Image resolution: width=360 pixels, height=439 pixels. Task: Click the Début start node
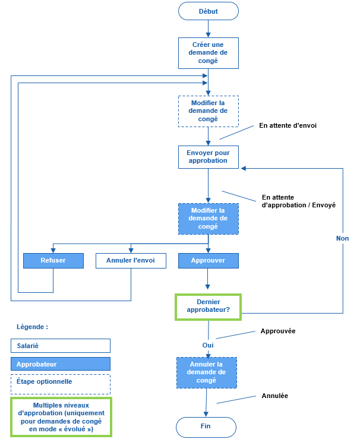[208, 11]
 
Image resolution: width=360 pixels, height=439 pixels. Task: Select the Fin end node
[206, 426]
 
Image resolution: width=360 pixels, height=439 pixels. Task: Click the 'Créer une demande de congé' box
[208, 52]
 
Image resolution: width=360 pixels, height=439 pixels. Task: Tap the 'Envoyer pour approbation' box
[208, 157]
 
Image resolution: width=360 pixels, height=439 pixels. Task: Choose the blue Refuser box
[53, 260]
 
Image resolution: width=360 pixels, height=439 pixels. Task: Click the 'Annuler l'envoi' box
[131, 260]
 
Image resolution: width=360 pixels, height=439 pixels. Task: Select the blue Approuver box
[208, 260]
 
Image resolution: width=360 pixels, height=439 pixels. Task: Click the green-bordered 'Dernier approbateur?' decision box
[208, 305]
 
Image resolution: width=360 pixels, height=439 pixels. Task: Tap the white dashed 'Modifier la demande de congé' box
[208, 111]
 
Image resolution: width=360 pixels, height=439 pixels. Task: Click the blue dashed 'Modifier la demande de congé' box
[208, 219]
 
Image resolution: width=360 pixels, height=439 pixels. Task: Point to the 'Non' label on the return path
[342, 238]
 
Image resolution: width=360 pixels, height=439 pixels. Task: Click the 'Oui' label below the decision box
[208, 345]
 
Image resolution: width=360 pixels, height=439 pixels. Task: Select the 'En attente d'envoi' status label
[284, 126]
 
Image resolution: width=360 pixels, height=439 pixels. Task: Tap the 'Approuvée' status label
[278, 331]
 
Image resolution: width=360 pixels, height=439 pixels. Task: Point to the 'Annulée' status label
[274, 396]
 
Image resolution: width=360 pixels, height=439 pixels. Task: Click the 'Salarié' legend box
[61, 345]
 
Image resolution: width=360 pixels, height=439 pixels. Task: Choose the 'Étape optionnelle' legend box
[61, 382]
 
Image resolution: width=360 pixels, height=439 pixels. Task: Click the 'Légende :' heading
[32, 327]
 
